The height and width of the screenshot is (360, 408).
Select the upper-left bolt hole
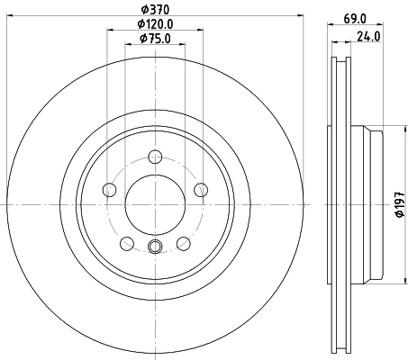point(110,189)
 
